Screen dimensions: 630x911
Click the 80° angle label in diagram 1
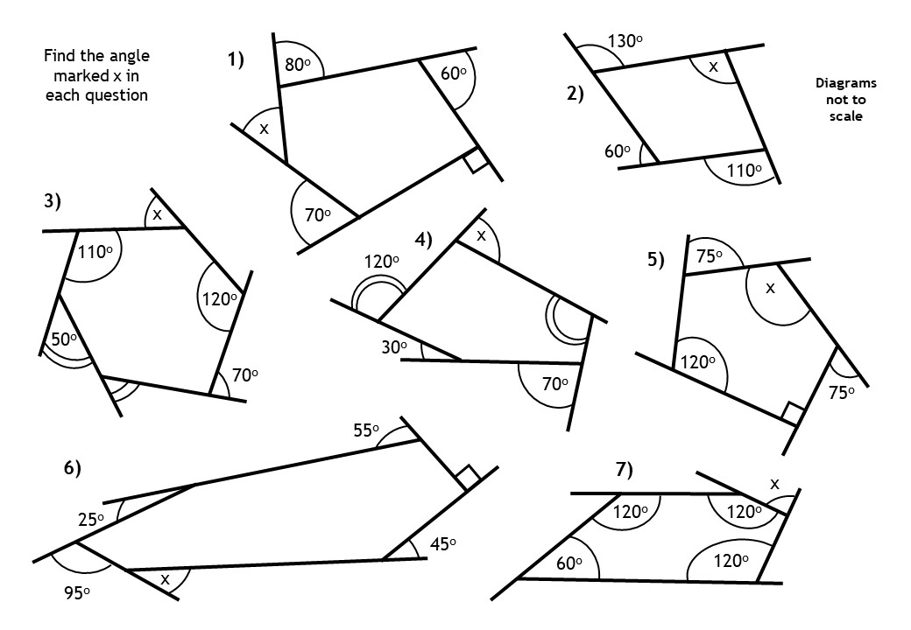pos(298,65)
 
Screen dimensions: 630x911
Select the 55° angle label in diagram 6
pos(365,430)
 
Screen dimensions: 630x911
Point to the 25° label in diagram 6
pos(90,519)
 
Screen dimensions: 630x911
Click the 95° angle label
pos(76,592)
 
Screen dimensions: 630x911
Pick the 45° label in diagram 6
pos(442,543)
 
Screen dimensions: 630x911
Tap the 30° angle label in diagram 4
pos(393,347)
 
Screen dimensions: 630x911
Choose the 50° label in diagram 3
pos(62,339)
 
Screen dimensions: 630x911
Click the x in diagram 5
pos(770,287)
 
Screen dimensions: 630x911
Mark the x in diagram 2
pos(713,66)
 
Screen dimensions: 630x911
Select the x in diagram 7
pos(773,483)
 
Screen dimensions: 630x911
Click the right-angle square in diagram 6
pos(467,478)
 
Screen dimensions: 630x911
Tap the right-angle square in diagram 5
pos(792,412)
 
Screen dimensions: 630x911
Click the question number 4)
pos(424,239)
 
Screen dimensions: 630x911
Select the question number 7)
pos(624,470)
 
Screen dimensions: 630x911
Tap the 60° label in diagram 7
pos(570,564)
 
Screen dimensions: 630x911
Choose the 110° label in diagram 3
pos(96,252)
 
